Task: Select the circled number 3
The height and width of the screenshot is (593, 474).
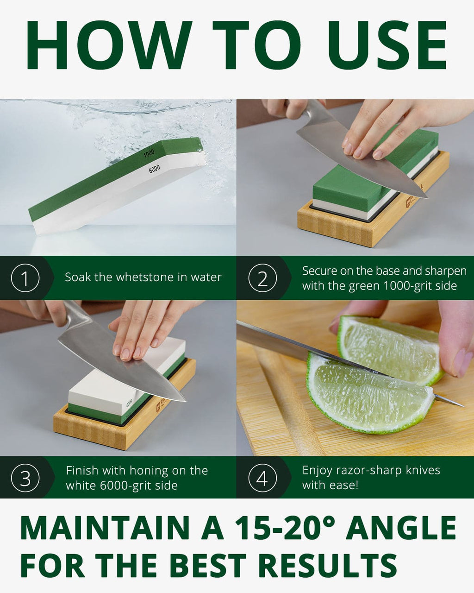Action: click(25, 478)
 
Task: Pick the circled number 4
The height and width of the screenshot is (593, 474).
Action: click(262, 478)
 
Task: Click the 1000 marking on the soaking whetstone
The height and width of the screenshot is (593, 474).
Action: click(149, 153)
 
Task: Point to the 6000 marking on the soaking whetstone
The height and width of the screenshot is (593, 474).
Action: click(154, 169)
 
